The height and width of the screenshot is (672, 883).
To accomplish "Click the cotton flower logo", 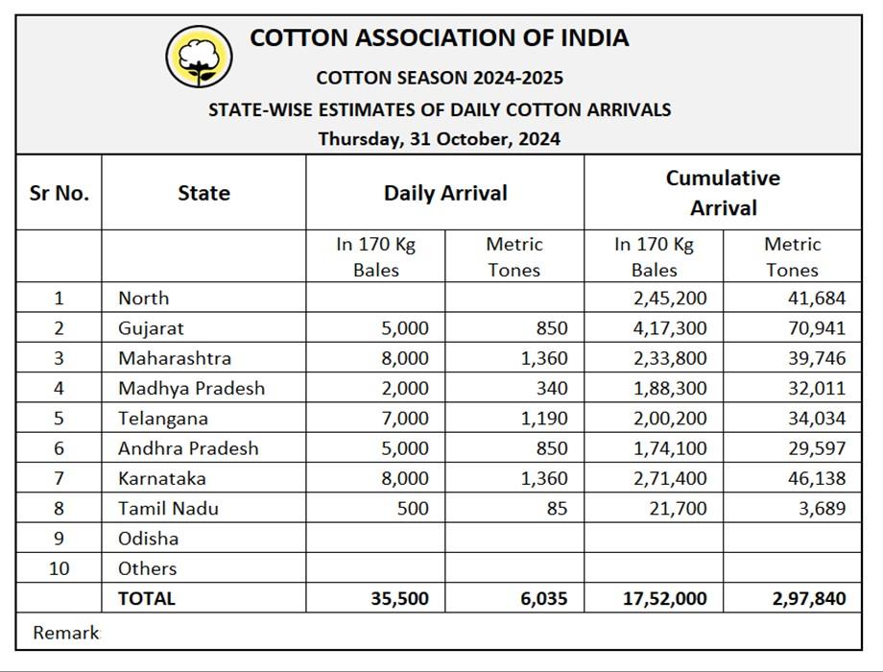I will (x=199, y=57).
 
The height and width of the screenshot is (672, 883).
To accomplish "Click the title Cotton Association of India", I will (x=440, y=37).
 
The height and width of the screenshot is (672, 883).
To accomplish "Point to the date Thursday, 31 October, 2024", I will (x=440, y=138).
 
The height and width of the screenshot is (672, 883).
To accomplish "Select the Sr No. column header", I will (x=59, y=193).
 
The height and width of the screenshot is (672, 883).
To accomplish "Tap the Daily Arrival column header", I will (x=445, y=193).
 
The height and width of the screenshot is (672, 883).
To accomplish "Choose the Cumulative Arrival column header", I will (x=723, y=193).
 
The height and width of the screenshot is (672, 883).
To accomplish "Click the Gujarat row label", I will (x=151, y=328).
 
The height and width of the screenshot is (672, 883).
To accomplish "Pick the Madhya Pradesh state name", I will (x=191, y=388).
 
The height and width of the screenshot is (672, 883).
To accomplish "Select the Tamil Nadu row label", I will (x=168, y=508).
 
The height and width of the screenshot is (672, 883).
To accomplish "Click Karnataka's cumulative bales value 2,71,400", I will (x=670, y=478).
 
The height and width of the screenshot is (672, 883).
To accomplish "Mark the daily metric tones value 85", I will (x=557, y=508).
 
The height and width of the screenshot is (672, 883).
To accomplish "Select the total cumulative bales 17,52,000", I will (x=664, y=598).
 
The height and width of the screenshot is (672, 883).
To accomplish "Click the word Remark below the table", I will (x=65, y=633).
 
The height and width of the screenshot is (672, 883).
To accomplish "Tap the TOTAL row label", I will (x=147, y=598).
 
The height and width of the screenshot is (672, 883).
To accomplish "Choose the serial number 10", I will (x=59, y=568).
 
